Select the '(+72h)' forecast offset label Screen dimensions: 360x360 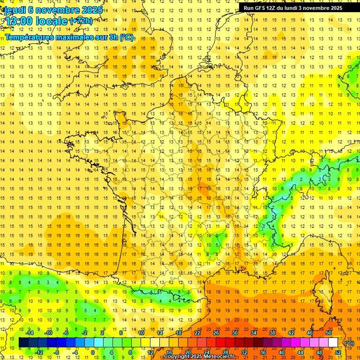(x=81, y=21)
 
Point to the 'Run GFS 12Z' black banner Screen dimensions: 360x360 (x=293, y=7)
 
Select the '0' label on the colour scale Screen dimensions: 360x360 (x=93, y=352)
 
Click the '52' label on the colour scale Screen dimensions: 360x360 (x=337, y=352)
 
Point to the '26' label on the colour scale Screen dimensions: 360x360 (x=216, y=332)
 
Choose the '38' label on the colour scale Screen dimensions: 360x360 (x=272, y=332)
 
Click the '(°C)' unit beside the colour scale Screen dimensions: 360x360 (x=349, y=343)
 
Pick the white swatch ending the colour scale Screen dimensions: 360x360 (x=333, y=343)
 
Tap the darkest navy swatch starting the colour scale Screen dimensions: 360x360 (x=23, y=343)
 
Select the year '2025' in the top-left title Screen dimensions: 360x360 (x=91, y=10)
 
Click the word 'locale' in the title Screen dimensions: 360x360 (x=50, y=21)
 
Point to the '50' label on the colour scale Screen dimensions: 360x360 (x=328, y=332)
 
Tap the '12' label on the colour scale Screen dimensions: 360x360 (x=150, y=352)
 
